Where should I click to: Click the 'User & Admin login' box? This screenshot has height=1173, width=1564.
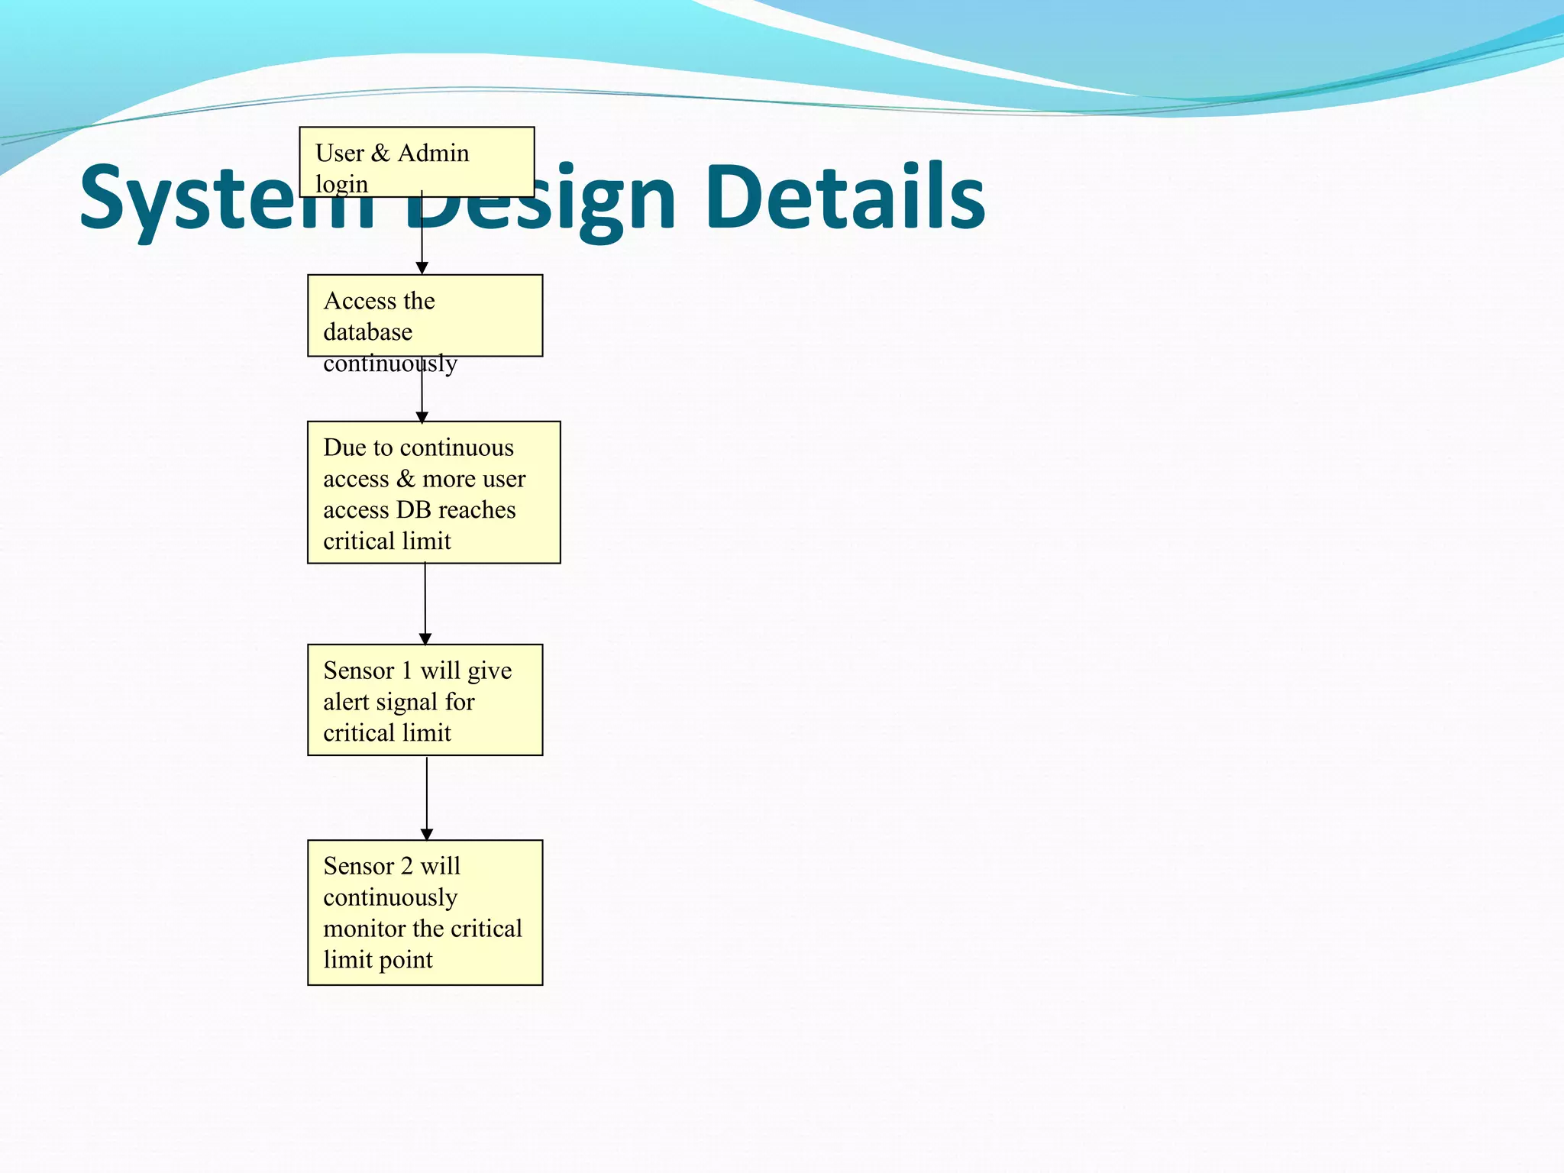416,162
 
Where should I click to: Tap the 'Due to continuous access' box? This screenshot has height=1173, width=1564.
433,493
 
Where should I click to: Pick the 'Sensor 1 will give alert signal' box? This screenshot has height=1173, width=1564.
425,700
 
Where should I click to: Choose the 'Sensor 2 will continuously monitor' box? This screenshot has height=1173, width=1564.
425,913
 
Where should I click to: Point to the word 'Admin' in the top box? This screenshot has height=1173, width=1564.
433,153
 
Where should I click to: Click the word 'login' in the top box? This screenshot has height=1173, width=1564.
341,185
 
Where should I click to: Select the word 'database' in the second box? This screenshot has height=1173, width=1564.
367,332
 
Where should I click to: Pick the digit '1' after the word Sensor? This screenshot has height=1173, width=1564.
406,671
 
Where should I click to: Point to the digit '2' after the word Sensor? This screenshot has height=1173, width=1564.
406,866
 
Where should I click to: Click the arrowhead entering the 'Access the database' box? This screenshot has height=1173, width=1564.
422,268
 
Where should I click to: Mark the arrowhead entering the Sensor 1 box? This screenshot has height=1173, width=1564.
425,638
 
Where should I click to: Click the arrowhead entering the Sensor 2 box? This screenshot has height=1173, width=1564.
426,834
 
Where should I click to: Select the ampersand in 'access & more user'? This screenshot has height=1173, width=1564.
406,479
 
